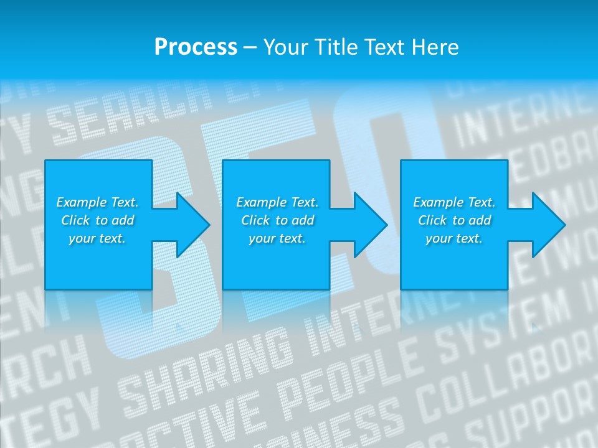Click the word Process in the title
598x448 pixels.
[x=196, y=47]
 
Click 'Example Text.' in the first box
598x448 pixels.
[x=97, y=202]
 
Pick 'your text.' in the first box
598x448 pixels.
[x=97, y=238]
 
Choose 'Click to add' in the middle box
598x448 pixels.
[x=277, y=220]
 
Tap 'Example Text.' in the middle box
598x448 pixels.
[x=277, y=202]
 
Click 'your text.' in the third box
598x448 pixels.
[x=454, y=238]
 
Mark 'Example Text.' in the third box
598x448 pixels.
[x=454, y=202]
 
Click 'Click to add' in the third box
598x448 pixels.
[x=454, y=220]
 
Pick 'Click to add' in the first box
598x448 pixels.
[x=97, y=220]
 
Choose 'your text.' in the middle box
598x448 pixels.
[x=277, y=238]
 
